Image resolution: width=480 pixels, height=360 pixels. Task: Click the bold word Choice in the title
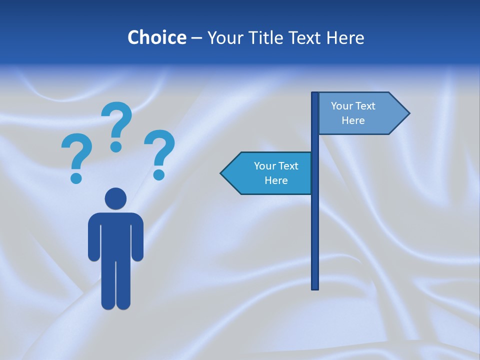click(156, 37)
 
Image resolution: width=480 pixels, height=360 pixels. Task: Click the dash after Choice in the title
click(196, 38)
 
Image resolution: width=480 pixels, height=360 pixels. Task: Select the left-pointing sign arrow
click(268, 173)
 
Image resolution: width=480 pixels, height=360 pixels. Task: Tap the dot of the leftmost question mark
click(76, 177)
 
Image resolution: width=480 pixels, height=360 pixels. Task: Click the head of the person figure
click(115, 198)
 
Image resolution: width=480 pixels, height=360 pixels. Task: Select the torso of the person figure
click(116, 235)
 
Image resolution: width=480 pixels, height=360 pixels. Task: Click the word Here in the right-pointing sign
click(353, 120)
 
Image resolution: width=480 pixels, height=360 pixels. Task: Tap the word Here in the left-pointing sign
click(276, 180)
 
